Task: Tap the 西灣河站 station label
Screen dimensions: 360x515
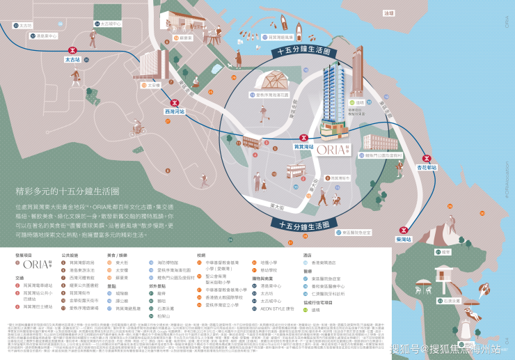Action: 174,111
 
